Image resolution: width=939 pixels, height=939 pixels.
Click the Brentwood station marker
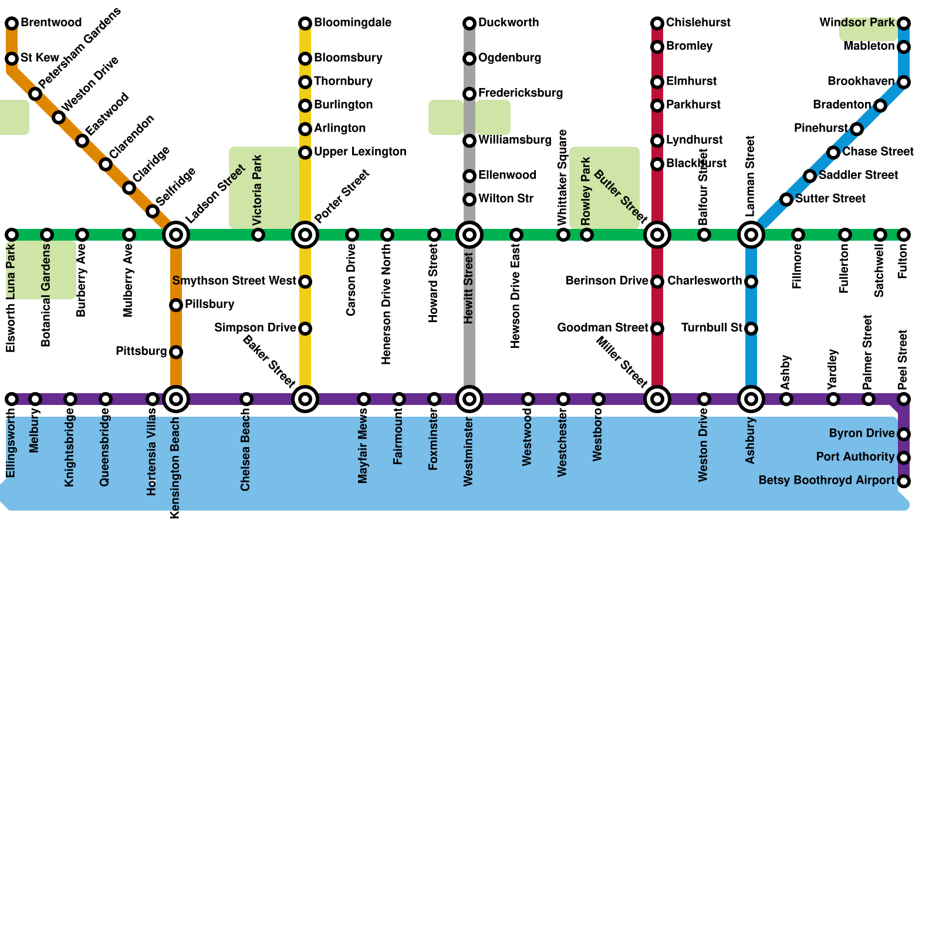coord(12,23)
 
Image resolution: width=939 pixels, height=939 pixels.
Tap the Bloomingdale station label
coord(353,23)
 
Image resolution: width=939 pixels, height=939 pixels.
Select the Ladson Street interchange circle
coord(176,235)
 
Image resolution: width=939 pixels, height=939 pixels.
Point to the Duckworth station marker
coord(469,23)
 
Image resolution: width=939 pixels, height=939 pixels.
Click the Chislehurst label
coord(698,23)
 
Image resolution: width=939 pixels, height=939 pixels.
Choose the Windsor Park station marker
coord(904,23)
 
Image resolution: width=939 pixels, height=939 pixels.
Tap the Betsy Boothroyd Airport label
coord(826,481)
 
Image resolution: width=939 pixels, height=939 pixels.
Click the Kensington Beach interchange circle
coord(176,399)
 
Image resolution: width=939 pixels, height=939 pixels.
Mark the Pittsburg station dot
coord(176,352)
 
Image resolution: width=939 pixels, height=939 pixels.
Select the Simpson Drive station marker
coord(305,329)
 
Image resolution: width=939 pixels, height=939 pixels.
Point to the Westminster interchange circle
coord(469,399)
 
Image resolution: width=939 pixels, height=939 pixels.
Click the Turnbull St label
coord(712,328)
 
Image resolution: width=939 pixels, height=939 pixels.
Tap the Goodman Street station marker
coord(657,329)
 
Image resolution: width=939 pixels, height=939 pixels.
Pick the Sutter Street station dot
coord(786,200)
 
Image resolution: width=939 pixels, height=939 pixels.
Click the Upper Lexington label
coord(360,152)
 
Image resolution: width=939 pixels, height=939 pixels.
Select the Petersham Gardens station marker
coord(35,94)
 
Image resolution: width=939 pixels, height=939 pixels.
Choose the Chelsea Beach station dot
coord(246,399)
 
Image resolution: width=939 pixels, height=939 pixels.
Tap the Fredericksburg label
coord(521,93)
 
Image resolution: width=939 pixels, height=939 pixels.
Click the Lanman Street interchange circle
coord(751,235)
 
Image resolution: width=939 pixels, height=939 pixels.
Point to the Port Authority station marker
coord(904,458)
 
